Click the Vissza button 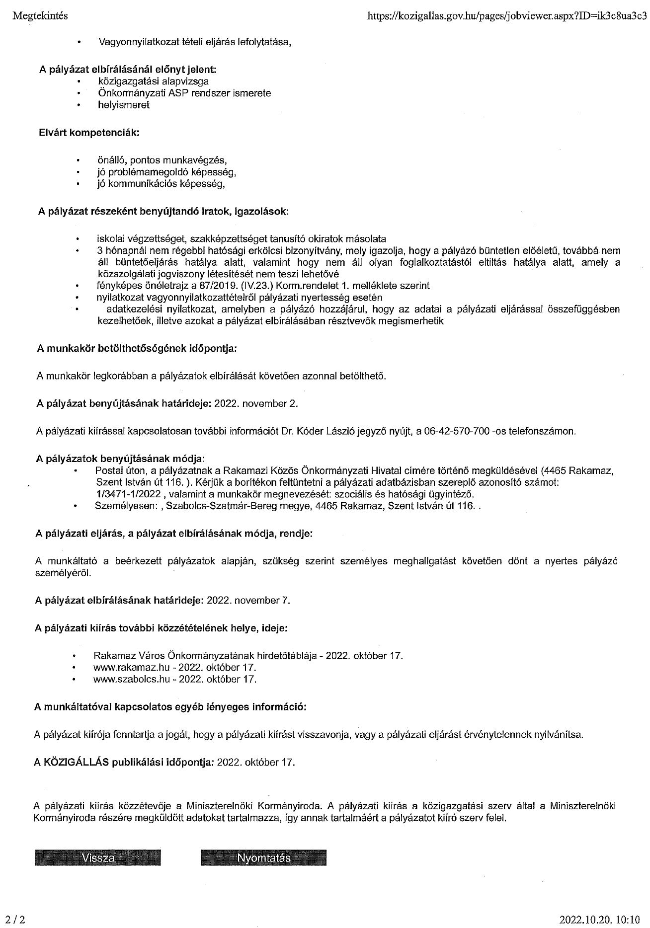point(98,858)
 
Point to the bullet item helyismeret point(123,105)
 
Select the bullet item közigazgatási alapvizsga point(153,81)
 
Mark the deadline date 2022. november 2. point(256,403)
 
